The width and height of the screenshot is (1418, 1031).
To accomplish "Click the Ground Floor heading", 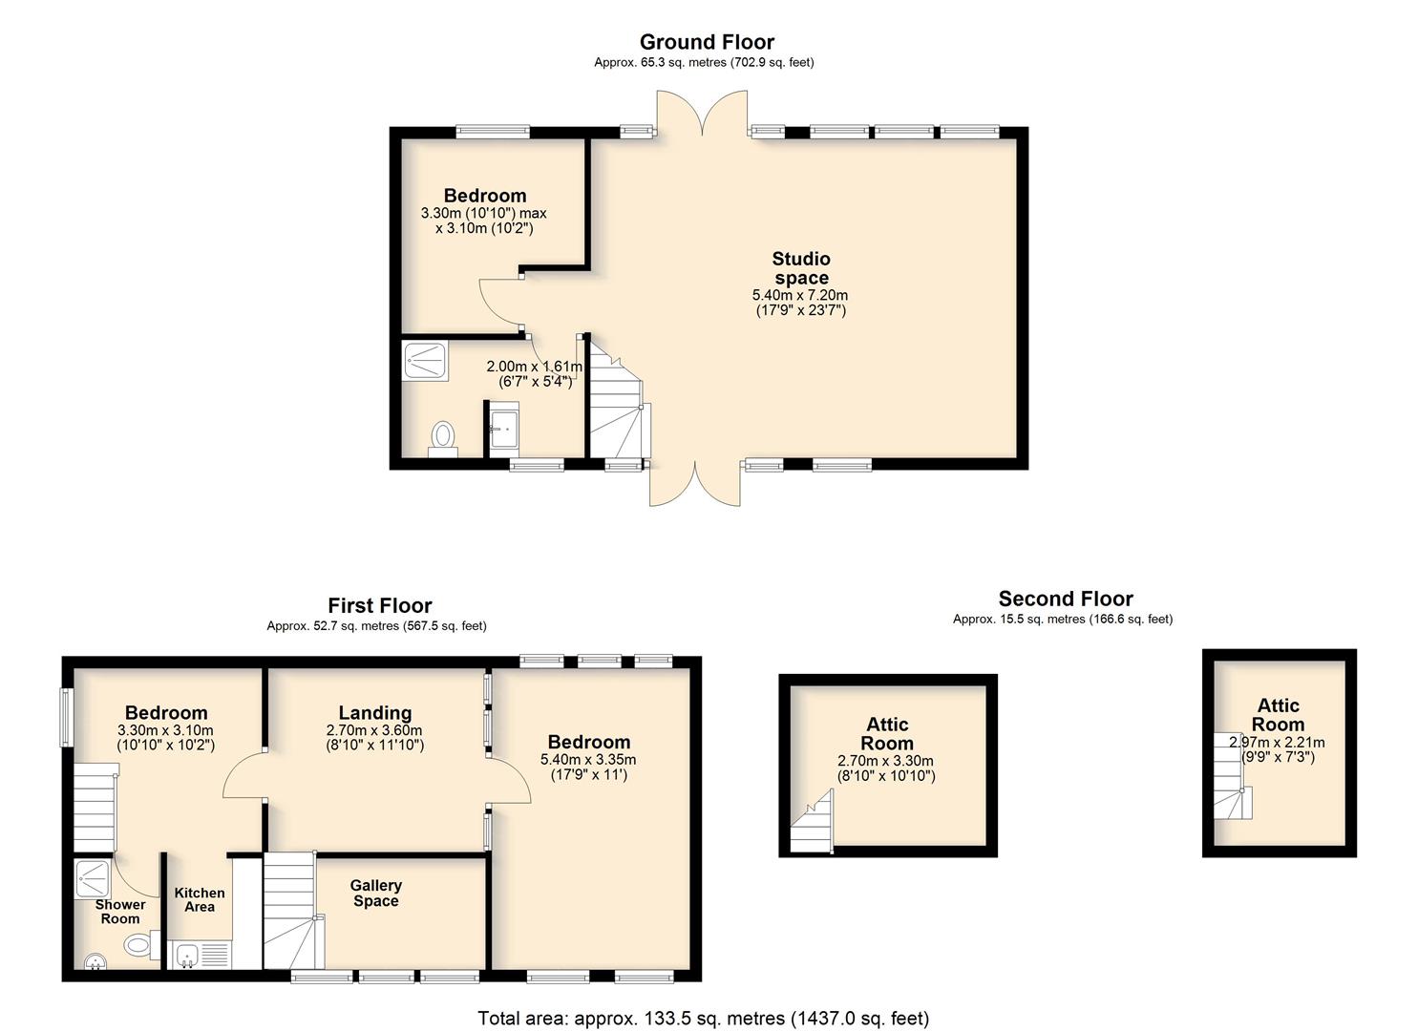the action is click(x=707, y=42).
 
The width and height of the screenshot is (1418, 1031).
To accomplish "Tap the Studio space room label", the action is click(x=801, y=267).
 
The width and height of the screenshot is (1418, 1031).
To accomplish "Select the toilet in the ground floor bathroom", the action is click(x=442, y=438).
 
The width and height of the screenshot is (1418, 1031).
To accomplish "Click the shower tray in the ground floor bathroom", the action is click(x=426, y=362).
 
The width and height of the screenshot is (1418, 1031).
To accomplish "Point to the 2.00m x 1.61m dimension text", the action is click(x=535, y=366).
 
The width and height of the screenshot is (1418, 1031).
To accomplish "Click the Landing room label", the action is click(x=374, y=713).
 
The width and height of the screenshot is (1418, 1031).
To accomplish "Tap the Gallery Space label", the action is click(x=376, y=893).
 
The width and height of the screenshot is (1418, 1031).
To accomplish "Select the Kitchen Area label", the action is click(x=200, y=899).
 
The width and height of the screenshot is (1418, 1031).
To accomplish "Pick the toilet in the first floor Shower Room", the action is click(x=141, y=945).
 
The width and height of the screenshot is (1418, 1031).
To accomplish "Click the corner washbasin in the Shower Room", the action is click(x=95, y=962).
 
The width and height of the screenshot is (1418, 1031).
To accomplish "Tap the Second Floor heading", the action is click(x=1066, y=599).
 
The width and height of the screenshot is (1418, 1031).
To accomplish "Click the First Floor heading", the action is click(x=380, y=605).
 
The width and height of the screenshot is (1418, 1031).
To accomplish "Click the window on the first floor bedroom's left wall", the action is click(x=65, y=718).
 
